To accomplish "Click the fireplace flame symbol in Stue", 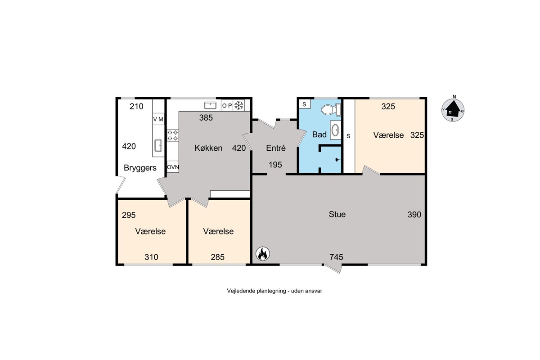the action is [x=262, y=254].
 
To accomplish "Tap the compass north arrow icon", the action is [x=453, y=110].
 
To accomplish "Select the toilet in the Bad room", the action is [x=331, y=110].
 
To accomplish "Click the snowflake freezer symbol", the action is [x=238, y=105].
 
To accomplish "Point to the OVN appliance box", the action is [x=173, y=167].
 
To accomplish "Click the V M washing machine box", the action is [x=158, y=119].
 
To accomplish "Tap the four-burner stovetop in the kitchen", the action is [x=173, y=135].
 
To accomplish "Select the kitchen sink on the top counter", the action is [x=210, y=105].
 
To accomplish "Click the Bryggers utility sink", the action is [x=158, y=145].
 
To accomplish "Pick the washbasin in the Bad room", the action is [x=335, y=130].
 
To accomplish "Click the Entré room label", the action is [x=276, y=148].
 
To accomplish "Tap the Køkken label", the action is [x=208, y=148].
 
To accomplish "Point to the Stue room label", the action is [x=337, y=214].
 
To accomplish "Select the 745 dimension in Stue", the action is [x=336, y=257].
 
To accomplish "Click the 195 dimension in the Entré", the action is [x=275, y=165].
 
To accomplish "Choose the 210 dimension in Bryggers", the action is [x=136, y=106].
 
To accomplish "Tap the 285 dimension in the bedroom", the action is [x=218, y=257].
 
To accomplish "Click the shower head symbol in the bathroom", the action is [x=337, y=160].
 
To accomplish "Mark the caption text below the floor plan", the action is [x=274, y=291].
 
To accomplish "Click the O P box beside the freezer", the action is [x=227, y=105].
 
